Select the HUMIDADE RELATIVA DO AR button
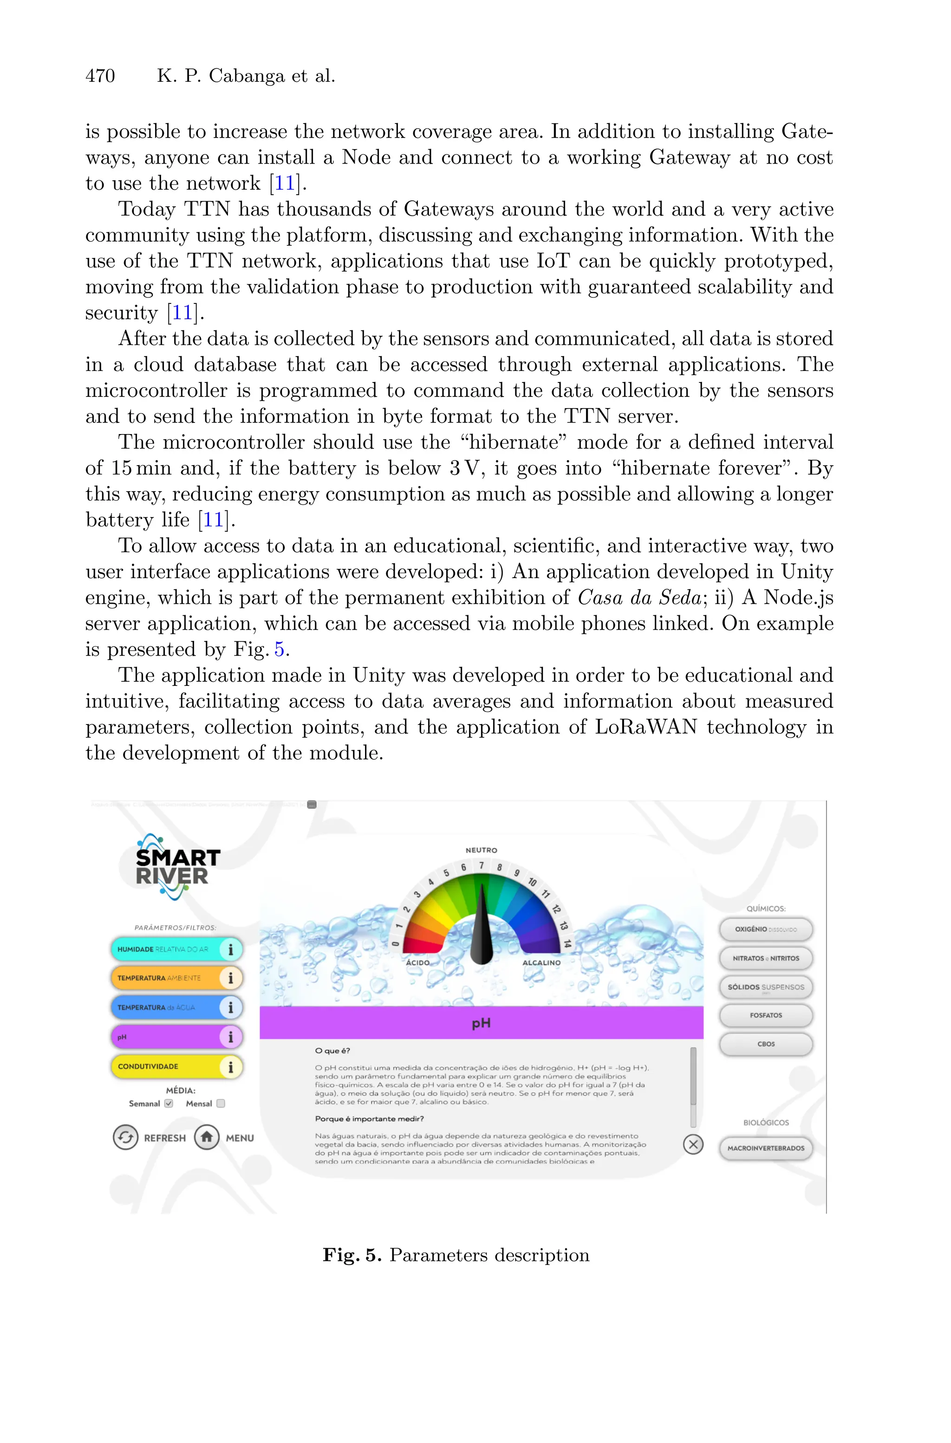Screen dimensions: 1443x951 (x=165, y=949)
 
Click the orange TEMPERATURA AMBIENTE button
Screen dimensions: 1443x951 (x=165, y=978)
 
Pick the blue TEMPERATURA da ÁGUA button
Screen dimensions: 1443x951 (x=165, y=1007)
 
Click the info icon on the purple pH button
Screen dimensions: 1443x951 (x=230, y=1037)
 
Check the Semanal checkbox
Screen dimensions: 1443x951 (x=169, y=1103)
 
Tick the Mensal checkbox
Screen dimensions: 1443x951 (x=221, y=1103)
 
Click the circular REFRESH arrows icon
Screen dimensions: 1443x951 (x=125, y=1137)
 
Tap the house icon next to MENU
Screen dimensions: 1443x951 (x=207, y=1137)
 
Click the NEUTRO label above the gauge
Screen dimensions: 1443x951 (x=481, y=850)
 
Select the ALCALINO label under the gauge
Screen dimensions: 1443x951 (x=541, y=962)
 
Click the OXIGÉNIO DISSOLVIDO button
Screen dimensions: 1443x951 (x=765, y=929)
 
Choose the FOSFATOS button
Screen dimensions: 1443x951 (x=765, y=1015)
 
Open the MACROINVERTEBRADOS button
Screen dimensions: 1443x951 (x=765, y=1148)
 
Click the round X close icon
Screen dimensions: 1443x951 (x=693, y=1145)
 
